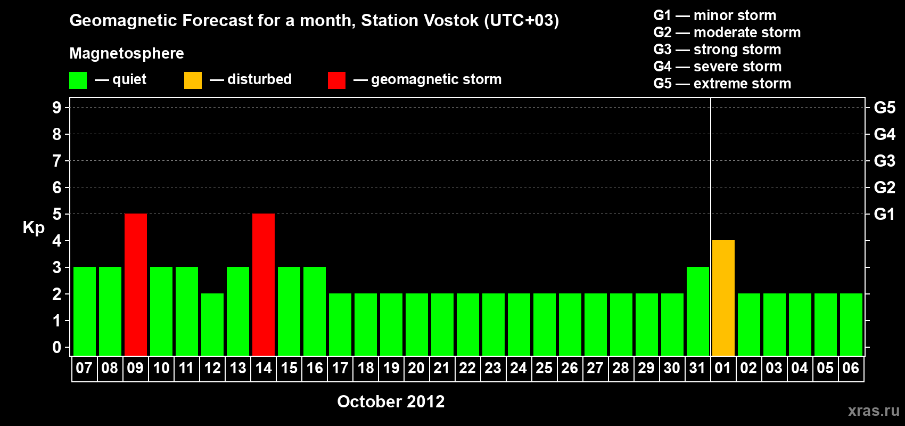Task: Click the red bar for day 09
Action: [136, 284]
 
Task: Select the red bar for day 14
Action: [264, 284]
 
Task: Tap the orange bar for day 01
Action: [723, 298]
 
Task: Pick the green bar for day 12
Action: [212, 324]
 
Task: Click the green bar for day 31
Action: [698, 311]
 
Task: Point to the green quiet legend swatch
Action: [78, 80]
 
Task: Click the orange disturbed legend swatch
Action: [193, 80]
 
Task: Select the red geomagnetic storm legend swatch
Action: [336, 80]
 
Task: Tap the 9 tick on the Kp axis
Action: [56, 108]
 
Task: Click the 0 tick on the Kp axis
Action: [56, 347]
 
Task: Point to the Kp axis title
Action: [34, 228]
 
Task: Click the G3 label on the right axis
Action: [884, 161]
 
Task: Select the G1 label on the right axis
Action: [884, 214]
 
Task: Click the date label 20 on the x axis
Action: [416, 368]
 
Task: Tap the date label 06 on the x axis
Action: [851, 368]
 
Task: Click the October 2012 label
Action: [391, 402]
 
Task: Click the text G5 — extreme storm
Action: [722, 84]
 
